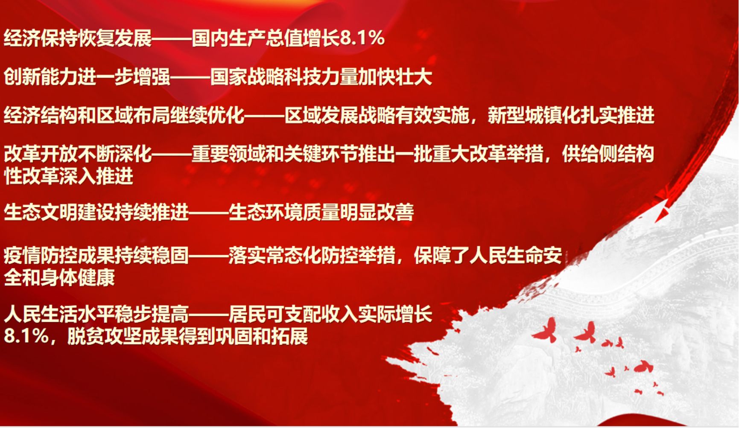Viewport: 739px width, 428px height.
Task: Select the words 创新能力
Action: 41,77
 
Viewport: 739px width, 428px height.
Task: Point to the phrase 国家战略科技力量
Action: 284,77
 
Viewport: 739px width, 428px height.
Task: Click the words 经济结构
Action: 41,115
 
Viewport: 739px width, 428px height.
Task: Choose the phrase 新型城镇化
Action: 534,115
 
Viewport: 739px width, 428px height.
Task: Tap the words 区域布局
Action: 133,115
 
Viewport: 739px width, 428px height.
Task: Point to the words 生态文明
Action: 41,212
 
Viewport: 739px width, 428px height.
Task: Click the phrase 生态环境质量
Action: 284,212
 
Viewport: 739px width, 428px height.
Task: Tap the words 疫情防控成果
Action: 59,256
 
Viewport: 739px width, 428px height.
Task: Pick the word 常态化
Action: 293,256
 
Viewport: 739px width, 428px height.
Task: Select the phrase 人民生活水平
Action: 59,314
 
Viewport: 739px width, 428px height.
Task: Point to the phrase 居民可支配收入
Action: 293,314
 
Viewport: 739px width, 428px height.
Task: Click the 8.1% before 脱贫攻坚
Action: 26,337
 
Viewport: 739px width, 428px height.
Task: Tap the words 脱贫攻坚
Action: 104,337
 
